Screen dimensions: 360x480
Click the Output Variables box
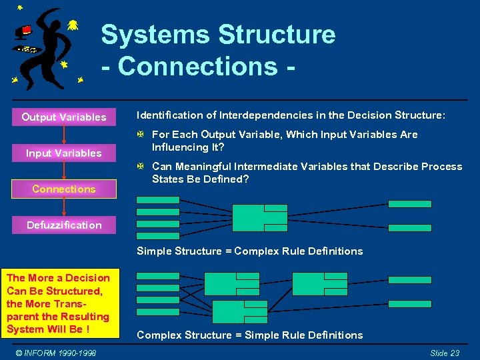64,117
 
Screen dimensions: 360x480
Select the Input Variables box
64,153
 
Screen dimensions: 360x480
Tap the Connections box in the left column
64,189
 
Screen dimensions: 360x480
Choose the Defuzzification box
64,225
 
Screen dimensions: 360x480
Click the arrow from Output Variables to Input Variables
64,135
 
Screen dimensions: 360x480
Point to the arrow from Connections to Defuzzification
64,207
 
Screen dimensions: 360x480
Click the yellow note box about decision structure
59,304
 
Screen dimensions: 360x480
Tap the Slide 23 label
445,353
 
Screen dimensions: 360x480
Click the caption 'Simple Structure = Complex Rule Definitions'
249,251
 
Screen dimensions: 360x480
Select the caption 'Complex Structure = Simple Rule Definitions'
249,335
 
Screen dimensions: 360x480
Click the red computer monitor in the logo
26,30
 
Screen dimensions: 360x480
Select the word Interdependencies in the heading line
241,115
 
